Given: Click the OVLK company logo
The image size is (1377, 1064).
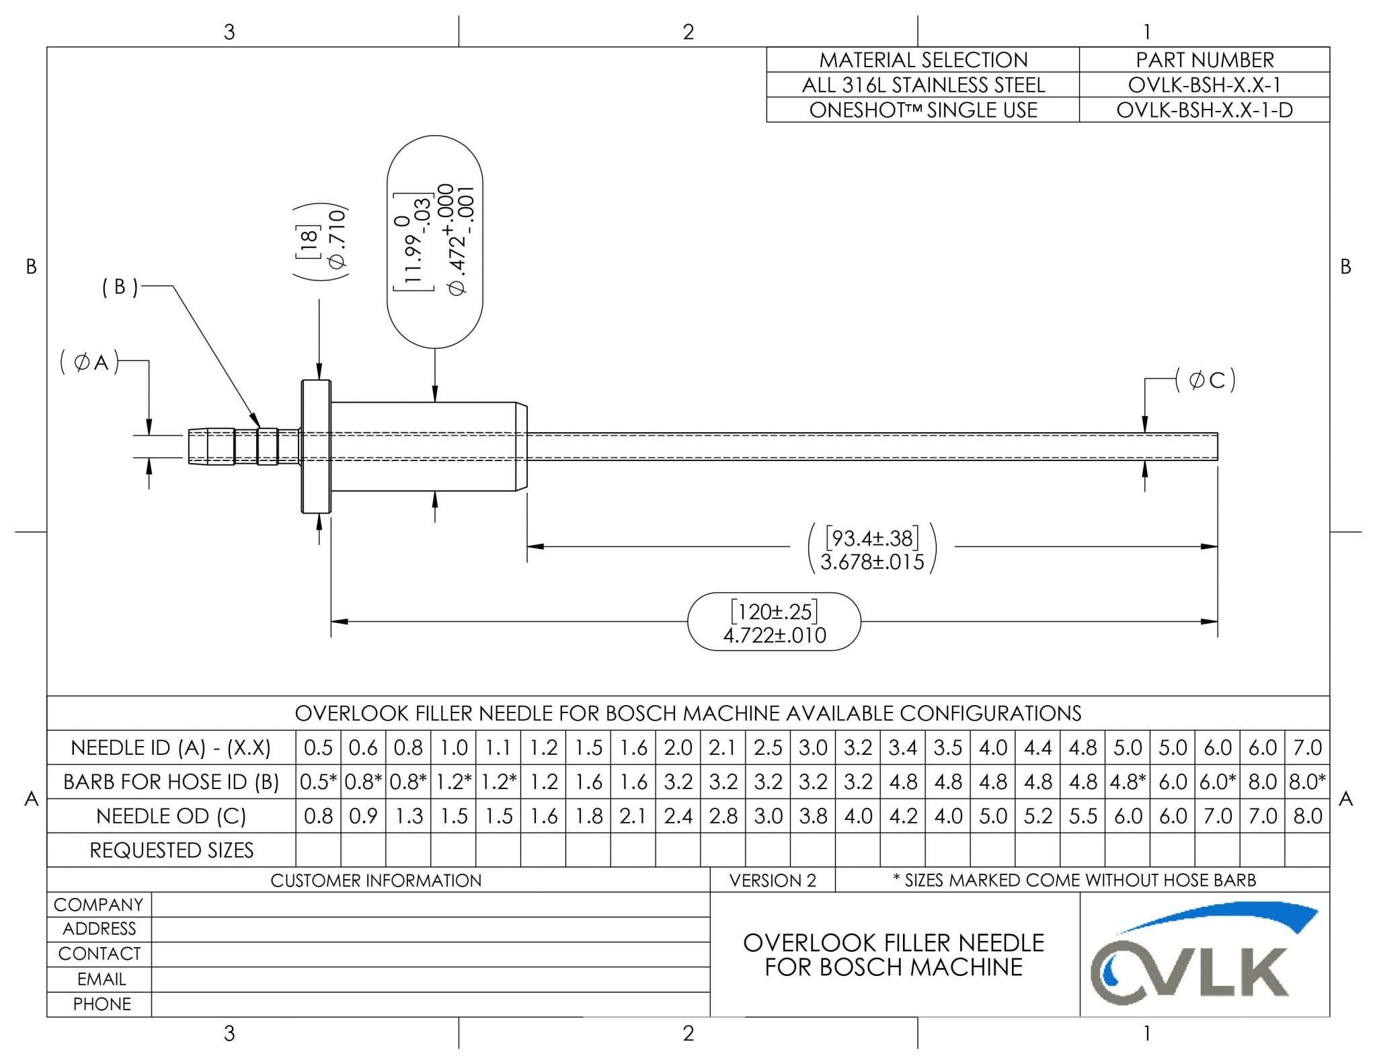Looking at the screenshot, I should [1204, 954].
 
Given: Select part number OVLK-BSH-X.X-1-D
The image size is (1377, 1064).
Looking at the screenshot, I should [1204, 110].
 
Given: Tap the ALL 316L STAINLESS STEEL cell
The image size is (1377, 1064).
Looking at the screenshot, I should [922, 85].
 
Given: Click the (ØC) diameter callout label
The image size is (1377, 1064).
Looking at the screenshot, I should [1205, 380].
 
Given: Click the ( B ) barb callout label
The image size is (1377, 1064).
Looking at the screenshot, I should [120, 287].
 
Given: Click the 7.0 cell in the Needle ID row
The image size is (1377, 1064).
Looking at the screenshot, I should [1307, 747].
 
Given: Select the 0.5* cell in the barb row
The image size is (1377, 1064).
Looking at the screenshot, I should [318, 782].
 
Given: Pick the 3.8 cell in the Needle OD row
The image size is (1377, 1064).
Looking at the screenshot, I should [813, 816].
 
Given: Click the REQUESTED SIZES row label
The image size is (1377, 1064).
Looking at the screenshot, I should [171, 850].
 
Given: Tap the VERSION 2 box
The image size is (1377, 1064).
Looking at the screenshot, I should [773, 881].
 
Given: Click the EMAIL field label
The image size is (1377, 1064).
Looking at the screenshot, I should [101, 979].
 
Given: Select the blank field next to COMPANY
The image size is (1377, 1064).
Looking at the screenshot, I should [430, 905].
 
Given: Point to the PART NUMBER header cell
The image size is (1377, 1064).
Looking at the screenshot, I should [1204, 60].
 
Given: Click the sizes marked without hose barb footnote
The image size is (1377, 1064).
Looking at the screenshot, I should [1074, 881].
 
